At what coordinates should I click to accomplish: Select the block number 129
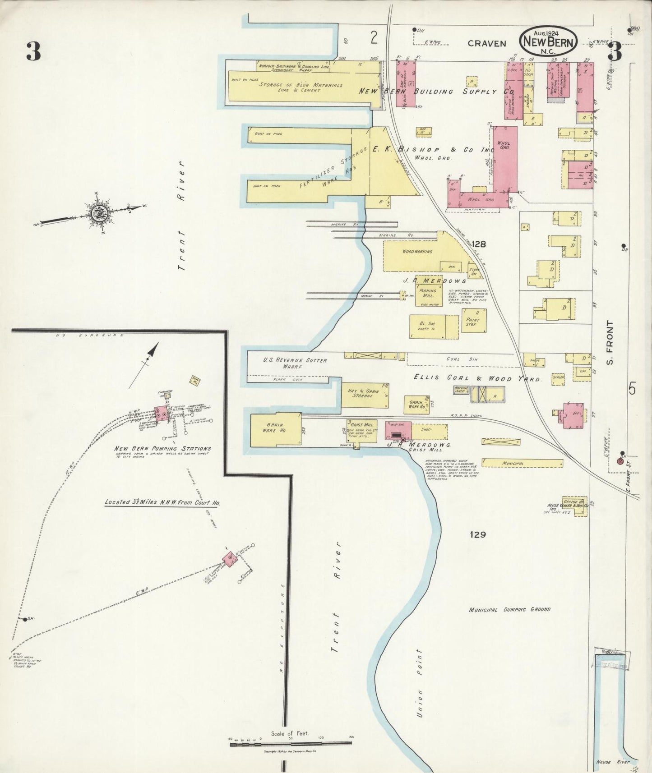coord(477,535)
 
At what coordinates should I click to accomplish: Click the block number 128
coord(479,245)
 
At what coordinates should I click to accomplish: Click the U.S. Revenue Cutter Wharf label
coord(295,363)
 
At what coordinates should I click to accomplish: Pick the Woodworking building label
coord(417,252)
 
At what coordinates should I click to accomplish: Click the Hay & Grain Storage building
coord(360,393)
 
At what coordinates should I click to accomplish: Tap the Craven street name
coord(486,44)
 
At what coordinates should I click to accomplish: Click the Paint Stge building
coord(473,321)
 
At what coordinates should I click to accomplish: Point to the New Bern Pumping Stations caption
coord(162,449)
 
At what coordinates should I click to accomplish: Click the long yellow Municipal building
coord(522,463)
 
